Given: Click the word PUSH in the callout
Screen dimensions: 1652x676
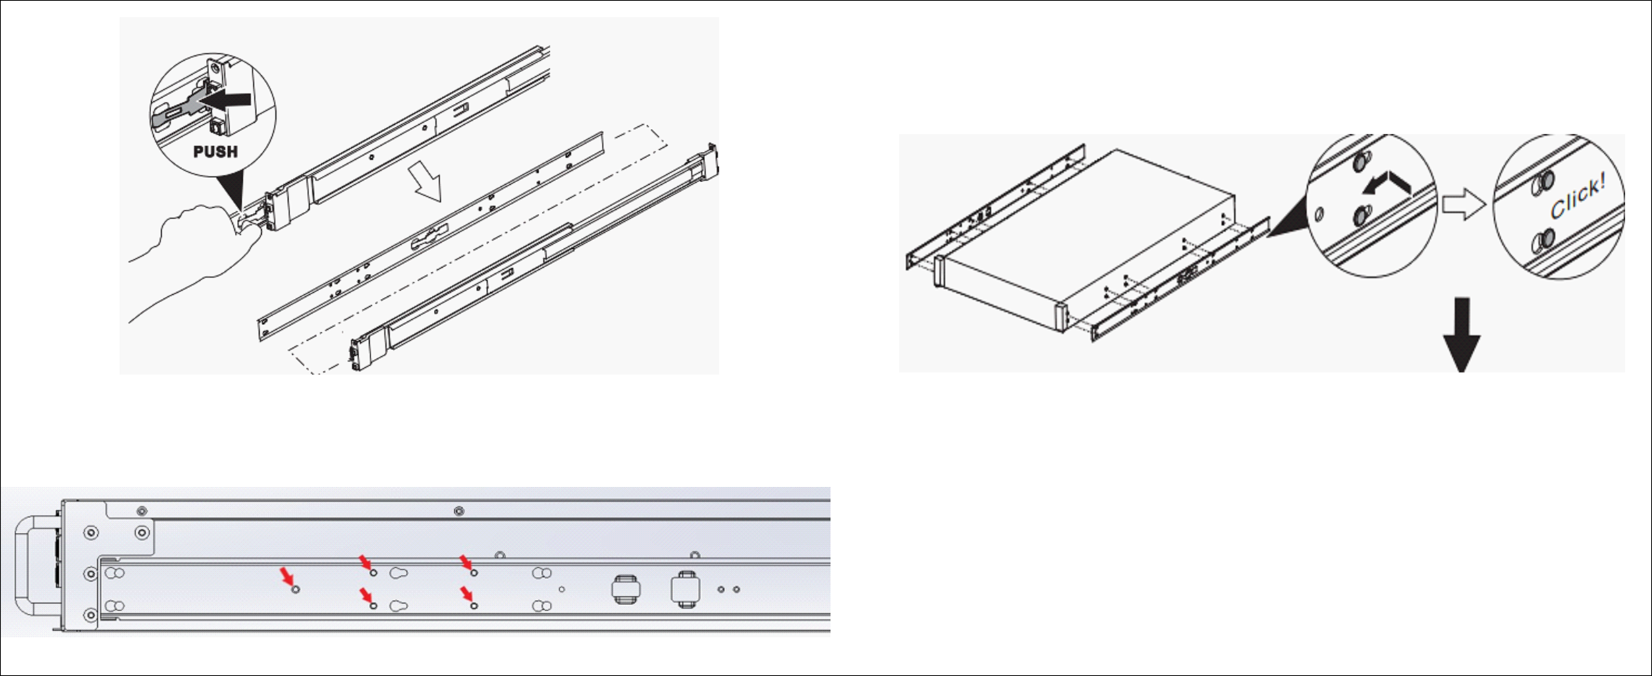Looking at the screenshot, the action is click(215, 152).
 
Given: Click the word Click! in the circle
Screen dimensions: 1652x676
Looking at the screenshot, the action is click(1577, 196).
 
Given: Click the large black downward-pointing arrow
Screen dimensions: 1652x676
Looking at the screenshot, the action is click(1462, 335).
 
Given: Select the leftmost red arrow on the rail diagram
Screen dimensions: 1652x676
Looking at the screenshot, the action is click(287, 575).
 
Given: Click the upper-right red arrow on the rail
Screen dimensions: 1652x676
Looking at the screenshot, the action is click(466, 562).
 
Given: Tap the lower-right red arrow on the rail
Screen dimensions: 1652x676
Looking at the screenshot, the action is click(466, 594).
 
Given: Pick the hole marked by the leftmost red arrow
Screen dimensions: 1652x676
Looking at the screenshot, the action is click(296, 590).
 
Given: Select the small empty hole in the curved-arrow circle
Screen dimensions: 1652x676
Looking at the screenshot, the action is click(1320, 215).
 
